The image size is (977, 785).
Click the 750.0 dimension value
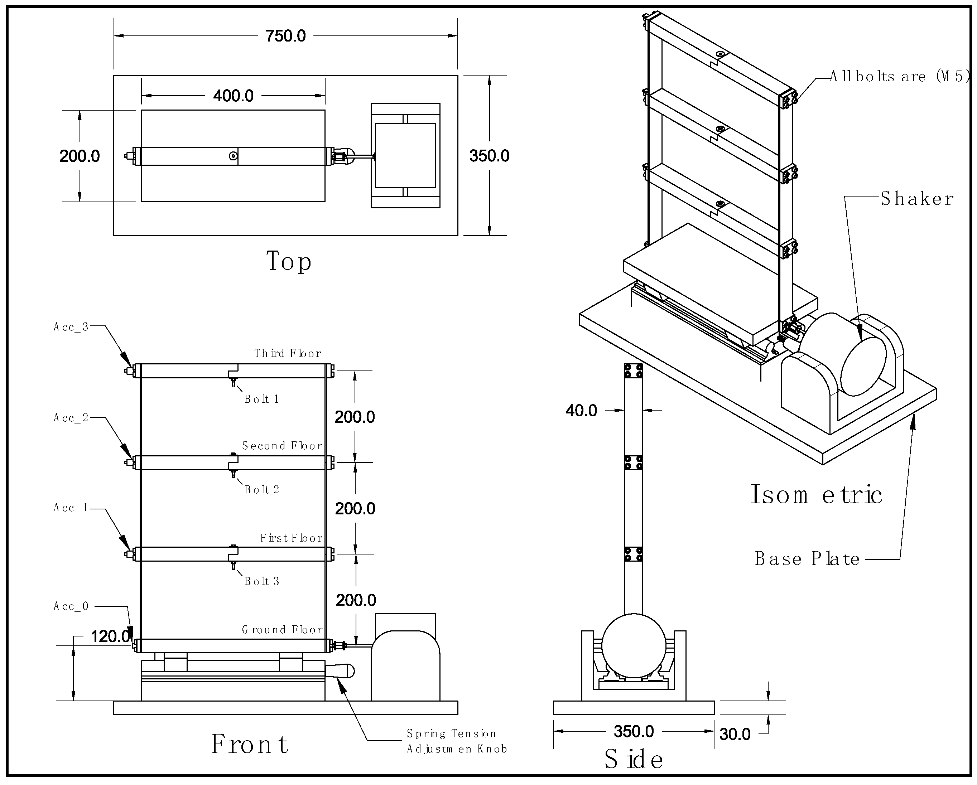(285, 36)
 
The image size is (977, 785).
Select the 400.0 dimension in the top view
(234, 96)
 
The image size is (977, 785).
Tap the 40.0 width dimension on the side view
(581, 410)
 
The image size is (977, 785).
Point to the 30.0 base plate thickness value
(735, 734)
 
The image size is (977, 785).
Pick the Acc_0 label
(71, 606)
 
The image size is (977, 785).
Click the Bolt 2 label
(262, 490)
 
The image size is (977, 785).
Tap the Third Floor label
(288, 353)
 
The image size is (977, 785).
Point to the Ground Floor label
(282, 630)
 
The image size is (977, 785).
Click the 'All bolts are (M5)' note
(900, 76)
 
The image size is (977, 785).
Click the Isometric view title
(816, 494)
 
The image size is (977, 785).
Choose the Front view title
(250, 744)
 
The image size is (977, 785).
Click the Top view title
(289, 261)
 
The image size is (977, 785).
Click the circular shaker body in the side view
(634, 646)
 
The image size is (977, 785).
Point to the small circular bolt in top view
(233, 156)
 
